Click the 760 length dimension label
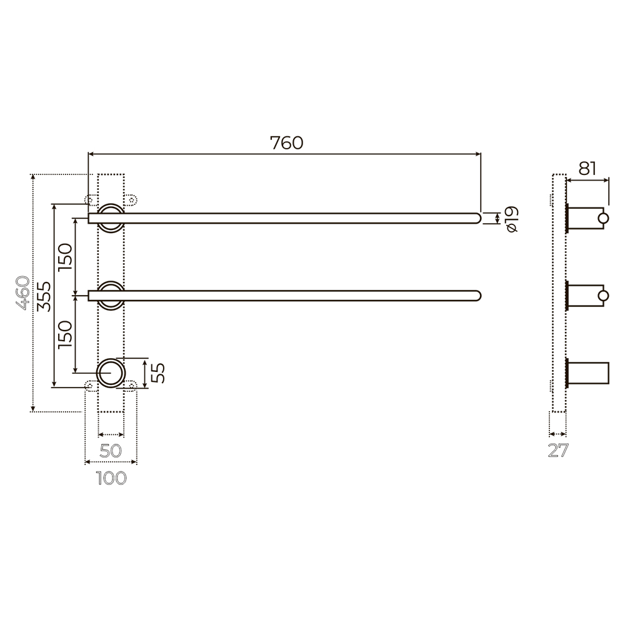coord(287,142)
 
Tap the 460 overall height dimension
coord(22,292)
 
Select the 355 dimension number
coord(44,296)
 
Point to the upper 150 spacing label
coord(66,257)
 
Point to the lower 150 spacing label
coord(66,334)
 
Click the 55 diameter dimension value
coord(159,373)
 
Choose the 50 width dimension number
coord(111,451)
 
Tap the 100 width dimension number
coord(111,478)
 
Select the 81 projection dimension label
coord(587,169)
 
